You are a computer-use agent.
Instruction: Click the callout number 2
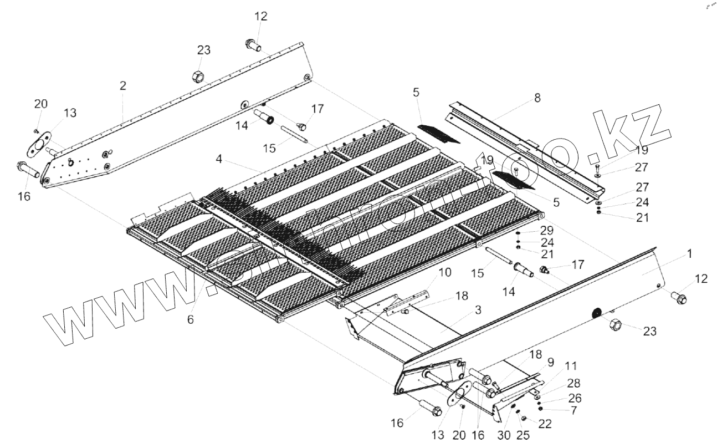pyautogui.click(x=122, y=85)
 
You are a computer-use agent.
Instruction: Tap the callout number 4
pyautogui.click(x=219, y=160)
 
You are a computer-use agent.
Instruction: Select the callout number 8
pyautogui.click(x=537, y=98)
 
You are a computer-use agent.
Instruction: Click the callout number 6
pyautogui.click(x=191, y=320)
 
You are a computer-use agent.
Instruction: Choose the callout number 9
pyautogui.click(x=550, y=362)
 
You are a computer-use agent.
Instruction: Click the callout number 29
pyautogui.click(x=547, y=230)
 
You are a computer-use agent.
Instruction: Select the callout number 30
pyautogui.click(x=504, y=435)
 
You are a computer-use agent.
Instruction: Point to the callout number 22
pyautogui.click(x=545, y=424)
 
